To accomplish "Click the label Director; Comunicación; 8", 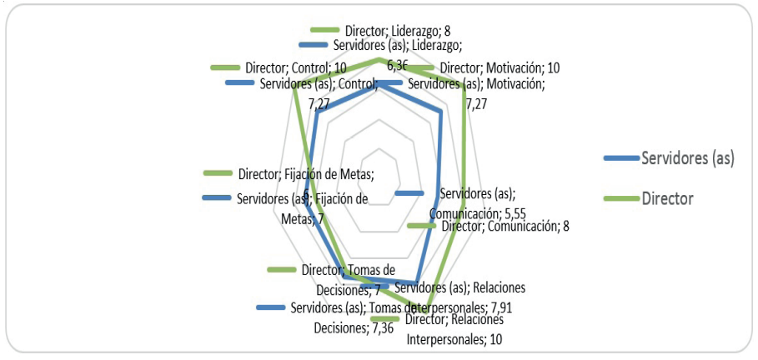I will click(504, 226).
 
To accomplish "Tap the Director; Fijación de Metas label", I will click(305, 174).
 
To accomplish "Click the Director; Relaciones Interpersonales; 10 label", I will click(455, 330).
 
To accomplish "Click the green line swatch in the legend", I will click(619, 198).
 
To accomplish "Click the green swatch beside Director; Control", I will click(225, 67).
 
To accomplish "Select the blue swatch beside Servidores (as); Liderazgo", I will click(314, 44).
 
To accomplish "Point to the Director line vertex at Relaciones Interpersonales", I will click(421, 311).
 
